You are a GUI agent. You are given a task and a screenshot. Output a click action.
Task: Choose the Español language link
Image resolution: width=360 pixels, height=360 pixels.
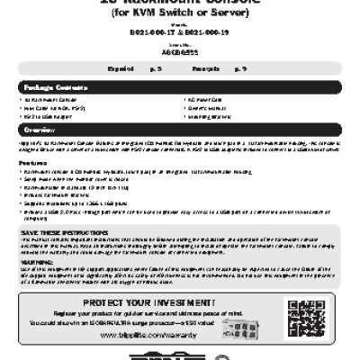(x=120, y=68)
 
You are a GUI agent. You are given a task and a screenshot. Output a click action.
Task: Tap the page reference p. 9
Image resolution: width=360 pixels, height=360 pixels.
(x=240, y=68)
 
